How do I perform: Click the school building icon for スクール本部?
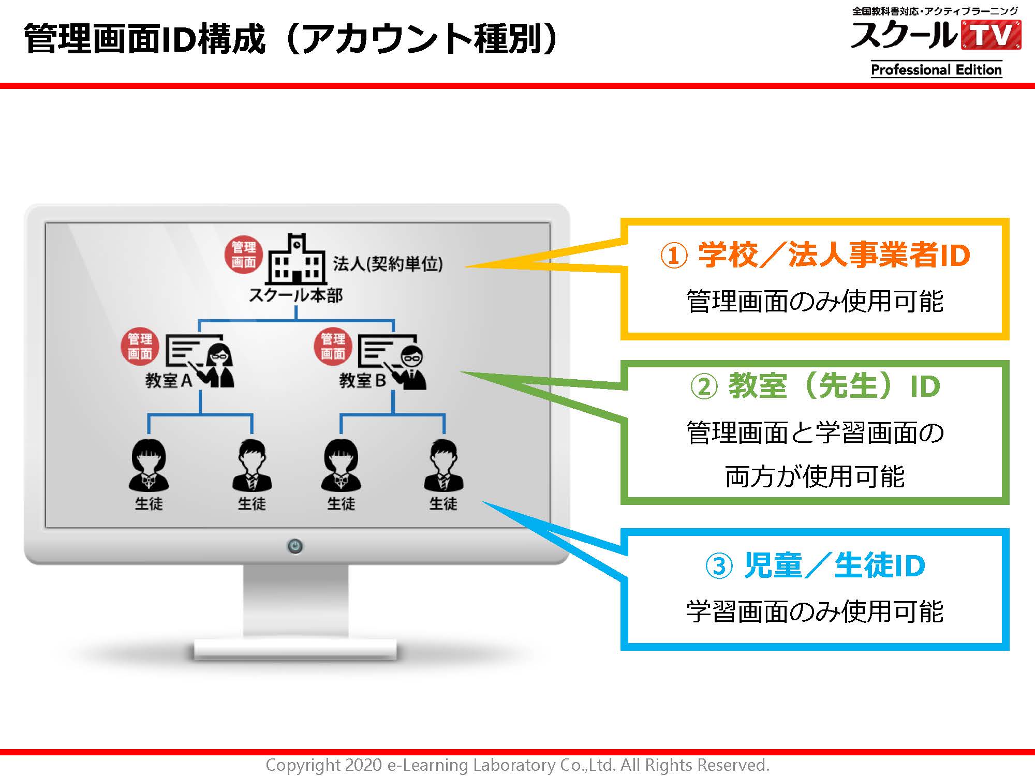pos(297,258)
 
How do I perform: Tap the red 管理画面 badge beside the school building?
pos(244,255)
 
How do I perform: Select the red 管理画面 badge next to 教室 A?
pos(140,346)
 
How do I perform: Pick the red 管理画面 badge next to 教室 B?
pos(333,346)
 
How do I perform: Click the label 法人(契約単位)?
pos(388,264)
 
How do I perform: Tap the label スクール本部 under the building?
pos(295,295)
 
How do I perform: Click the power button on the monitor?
pos(295,546)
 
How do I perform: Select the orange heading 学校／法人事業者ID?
pos(834,255)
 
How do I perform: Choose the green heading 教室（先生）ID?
pos(834,386)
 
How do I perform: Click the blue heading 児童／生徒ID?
pos(834,565)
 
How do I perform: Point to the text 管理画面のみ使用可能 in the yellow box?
pos(815,301)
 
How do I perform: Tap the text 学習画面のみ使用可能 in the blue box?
pos(815,611)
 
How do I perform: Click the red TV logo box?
pos(991,35)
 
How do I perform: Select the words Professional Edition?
pos(936,69)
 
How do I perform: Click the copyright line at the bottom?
pos(517,765)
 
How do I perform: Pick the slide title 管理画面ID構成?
pos(144,39)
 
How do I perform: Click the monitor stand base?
pos(295,649)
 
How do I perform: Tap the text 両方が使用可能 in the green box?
pos(815,476)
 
